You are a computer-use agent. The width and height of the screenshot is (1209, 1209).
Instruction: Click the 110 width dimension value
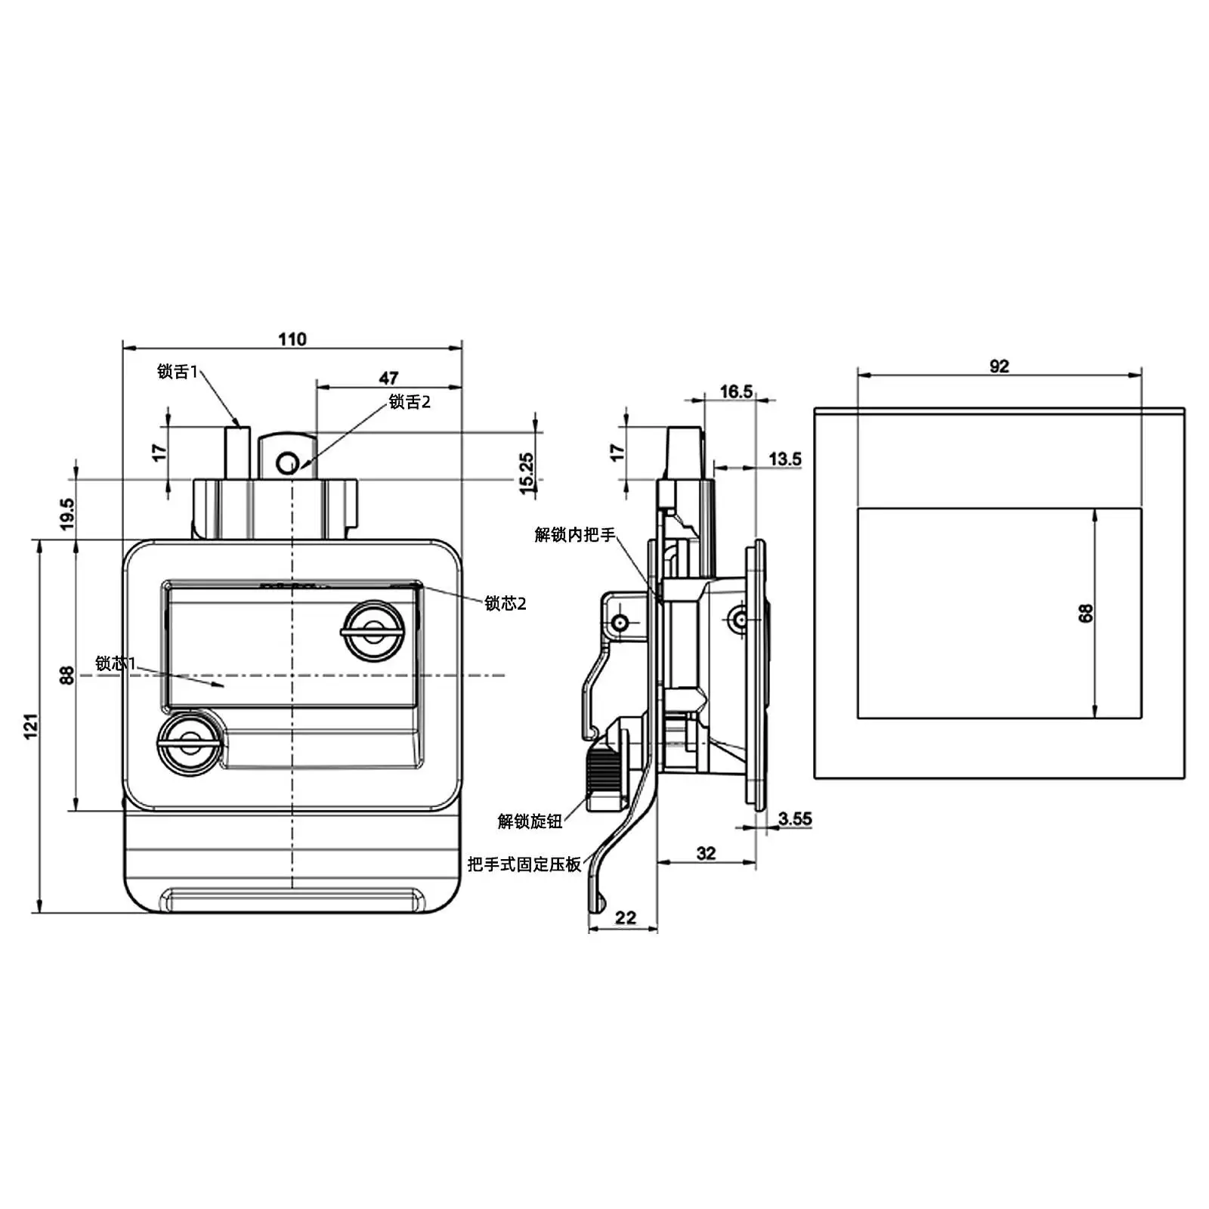[x=292, y=339]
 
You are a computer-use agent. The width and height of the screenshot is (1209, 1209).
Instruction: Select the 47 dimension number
[x=388, y=378]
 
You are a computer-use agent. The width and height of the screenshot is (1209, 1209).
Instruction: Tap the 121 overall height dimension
[x=31, y=726]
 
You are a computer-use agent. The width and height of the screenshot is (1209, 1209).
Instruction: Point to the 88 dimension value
[x=67, y=675]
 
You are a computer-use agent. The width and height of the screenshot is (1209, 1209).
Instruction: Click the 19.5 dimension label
[x=67, y=513]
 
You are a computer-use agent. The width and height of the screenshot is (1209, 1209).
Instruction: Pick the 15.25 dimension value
[x=527, y=473]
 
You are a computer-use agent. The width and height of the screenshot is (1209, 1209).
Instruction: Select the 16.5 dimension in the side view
[x=736, y=391]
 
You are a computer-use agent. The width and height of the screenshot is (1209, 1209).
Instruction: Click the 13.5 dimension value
[x=785, y=459]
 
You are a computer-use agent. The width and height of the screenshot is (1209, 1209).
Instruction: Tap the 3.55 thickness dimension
[x=795, y=818]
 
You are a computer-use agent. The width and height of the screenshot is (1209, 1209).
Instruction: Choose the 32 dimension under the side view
[x=706, y=853]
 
